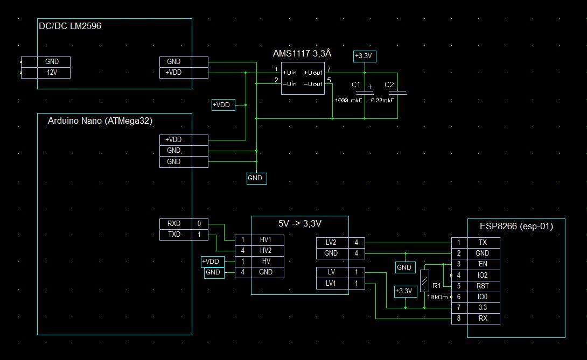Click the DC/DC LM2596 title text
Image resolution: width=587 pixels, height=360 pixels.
click(x=70, y=26)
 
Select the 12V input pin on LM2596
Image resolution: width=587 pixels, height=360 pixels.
click(x=52, y=73)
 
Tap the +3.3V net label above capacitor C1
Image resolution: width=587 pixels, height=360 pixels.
click(x=365, y=56)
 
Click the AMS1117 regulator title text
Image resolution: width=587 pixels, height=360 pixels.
click(x=303, y=53)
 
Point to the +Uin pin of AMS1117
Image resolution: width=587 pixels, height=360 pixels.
click(x=290, y=72)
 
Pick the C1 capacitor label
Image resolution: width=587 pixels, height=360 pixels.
click(x=355, y=85)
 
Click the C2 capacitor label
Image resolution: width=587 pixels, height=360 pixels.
click(x=389, y=85)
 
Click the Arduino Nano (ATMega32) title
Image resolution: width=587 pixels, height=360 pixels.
click(x=99, y=122)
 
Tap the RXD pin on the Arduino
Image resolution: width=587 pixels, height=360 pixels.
click(x=173, y=223)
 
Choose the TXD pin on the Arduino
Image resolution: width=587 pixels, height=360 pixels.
click(x=173, y=235)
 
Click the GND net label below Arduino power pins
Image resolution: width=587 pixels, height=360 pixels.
click(x=256, y=178)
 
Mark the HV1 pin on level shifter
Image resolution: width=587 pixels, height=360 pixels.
click(x=265, y=239)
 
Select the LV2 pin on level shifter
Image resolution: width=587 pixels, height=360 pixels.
click(x=331, y=243)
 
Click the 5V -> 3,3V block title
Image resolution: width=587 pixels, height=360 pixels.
click(x=299, y=223)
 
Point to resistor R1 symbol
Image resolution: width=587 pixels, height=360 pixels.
click(x=425, y=281)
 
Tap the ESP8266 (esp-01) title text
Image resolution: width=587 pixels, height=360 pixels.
click(x=516, y=227)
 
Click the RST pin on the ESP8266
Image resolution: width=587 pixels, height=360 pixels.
click(x=483, y=286)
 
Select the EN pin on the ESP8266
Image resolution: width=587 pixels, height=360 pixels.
click(x=483, y=264)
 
